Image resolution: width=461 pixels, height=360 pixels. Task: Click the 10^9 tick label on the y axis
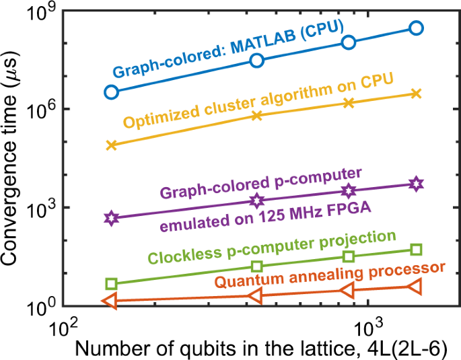[x=42, y=13]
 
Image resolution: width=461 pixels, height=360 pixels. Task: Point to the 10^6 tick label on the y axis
[x=42, y=110]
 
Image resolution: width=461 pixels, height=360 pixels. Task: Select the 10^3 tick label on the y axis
[x=42, y=208]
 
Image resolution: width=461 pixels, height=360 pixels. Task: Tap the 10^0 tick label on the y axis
[x=42, y=306]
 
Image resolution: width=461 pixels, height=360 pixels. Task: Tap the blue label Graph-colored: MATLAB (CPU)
[x=228, y=50]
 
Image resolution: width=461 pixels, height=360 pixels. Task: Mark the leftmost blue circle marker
[x=112, y=92]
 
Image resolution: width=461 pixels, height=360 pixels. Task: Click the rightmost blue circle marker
[x=416, y=28]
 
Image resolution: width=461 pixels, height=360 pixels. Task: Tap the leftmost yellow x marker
[x=112, y=145]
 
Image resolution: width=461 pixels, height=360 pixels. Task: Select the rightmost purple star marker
[x=416, y=184]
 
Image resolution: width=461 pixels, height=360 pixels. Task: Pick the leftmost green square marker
[x=112, y=284]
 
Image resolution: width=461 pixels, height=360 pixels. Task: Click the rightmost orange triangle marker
[x=415, y=287]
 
